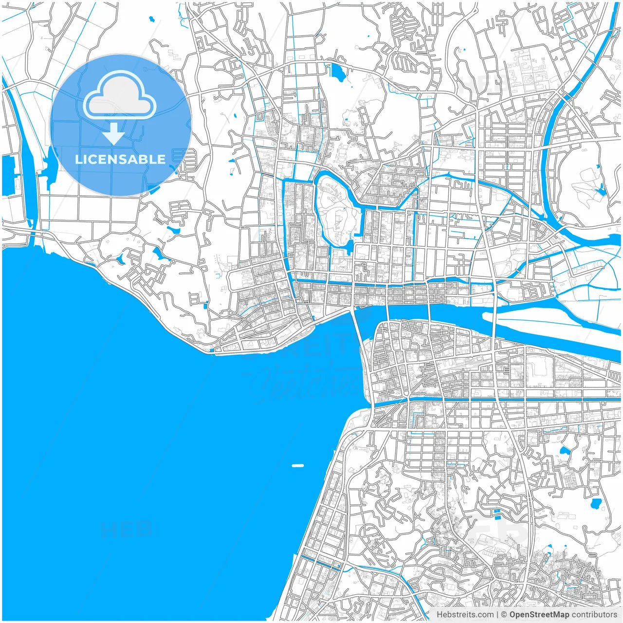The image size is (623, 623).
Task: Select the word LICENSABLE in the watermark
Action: pyautogui.click(x=120, y=159)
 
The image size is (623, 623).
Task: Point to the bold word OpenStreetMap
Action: pyautogui.click(x=539, y=615)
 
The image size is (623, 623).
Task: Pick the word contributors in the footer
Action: pyautogui.click(x=594, y=615)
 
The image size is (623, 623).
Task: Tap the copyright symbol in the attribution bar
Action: pyautogui.click(x=504, y=615)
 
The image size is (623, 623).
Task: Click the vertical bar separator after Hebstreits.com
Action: pyautogui.click(x=497, y=615)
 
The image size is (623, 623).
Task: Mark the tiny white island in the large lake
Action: pyautogui.click(x=297, y=466)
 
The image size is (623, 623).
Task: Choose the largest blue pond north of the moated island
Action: pyautogui.click(x=337, y=72)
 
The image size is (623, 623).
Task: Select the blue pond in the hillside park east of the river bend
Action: pyautogui.click(x=602, y=190)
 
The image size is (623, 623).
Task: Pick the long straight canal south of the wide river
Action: pyautogui.click(x=511, y=400)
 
